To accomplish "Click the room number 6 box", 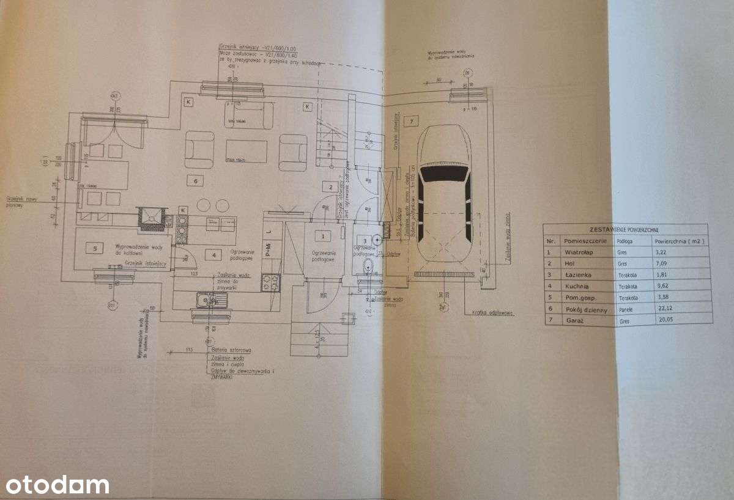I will [195, 181].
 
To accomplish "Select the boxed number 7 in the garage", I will [412, 121].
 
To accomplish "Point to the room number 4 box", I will [213, 254].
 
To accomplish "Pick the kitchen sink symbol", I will [210, 300].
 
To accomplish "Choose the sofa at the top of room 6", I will [247, 116].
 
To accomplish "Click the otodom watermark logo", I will [54, 485].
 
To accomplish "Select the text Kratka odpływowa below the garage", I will [492, 313].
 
